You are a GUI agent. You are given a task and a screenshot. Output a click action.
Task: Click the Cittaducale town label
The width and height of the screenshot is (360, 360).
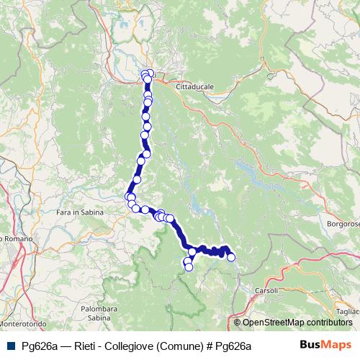pos(191,86)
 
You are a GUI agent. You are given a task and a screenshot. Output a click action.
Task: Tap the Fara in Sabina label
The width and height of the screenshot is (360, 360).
pos(80,213)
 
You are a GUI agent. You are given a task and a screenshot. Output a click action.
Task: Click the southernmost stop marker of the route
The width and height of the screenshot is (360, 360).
pos(189,267)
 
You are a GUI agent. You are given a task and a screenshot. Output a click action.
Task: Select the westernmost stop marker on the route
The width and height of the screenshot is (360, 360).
pos(129,196)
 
